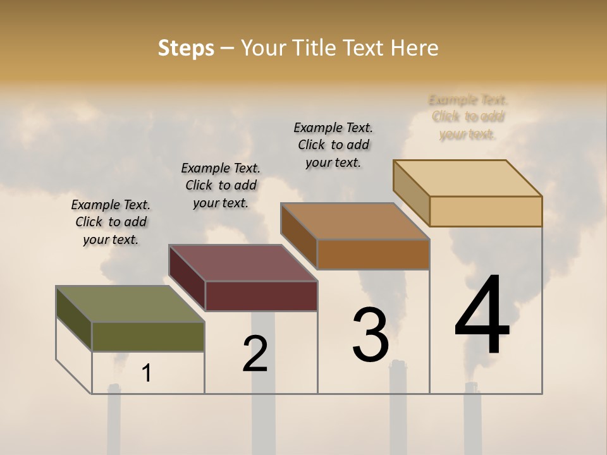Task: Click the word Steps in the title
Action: coord(186,48)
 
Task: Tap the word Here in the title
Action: coord(414,48)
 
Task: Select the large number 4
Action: coord(482,316)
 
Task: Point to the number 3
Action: coord(370,334)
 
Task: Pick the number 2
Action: coord(255,353)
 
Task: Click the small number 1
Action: coord(147,373)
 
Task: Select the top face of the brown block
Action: coord(355,221)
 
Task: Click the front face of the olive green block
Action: coord(148,336)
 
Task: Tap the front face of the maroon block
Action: coord(261,296)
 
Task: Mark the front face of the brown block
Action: coord(373,254)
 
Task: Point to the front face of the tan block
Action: coord(486,211)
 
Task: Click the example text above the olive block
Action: coord(111,222)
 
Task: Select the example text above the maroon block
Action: coord(221,185)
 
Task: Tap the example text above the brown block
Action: coord(333,145)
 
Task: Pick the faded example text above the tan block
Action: coord(468,117)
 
